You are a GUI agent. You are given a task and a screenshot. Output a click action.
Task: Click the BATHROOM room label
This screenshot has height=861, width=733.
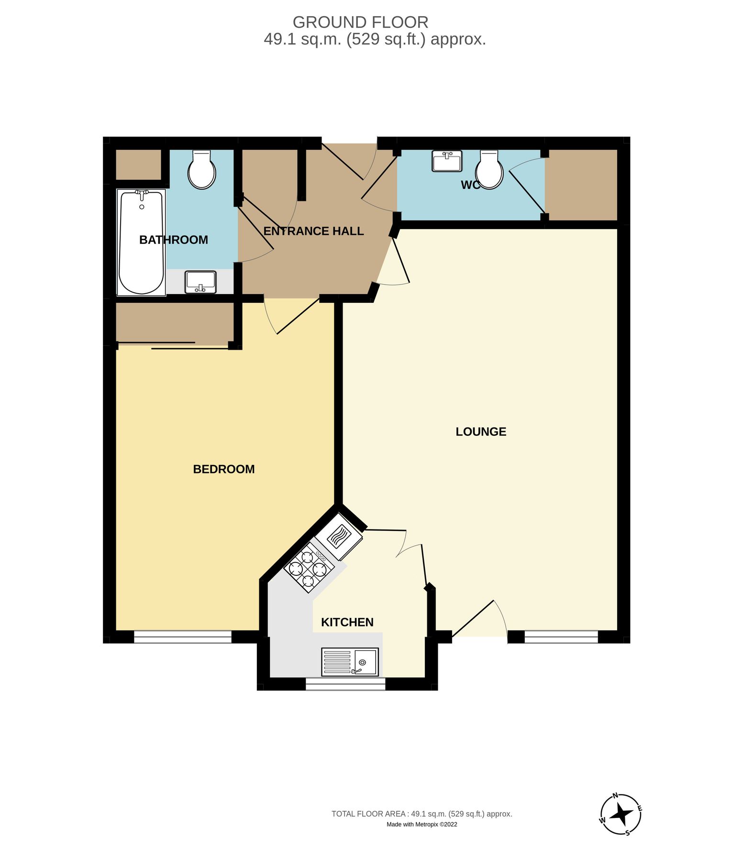(173, 240)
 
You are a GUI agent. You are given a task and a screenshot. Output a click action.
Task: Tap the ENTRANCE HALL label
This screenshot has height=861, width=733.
(313, 231)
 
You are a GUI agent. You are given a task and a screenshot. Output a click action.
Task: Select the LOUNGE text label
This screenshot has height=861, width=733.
(480, 431)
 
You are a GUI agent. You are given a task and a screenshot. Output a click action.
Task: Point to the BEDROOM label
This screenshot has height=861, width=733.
(223, 469)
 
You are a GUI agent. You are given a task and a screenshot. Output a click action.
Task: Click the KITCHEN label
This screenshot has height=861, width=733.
(347, 622)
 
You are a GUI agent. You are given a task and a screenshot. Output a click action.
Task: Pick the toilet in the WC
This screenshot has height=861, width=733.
(489, 170)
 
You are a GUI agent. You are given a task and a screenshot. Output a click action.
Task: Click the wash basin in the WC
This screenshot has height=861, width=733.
(446, 161)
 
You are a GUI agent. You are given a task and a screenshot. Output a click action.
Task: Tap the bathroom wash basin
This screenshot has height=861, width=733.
(200, 282)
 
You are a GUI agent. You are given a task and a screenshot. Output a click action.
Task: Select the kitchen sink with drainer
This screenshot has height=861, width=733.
(350, 662)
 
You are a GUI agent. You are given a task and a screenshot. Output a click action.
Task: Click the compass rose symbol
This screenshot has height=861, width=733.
(621, 814)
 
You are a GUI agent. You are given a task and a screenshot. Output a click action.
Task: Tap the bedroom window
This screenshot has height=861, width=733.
(182, 637)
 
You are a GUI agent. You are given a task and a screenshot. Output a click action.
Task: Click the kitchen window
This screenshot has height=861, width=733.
(345, 684)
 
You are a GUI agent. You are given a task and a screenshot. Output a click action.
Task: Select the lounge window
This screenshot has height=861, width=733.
(561, 637)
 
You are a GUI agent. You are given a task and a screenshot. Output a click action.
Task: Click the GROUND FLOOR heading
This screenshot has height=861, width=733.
(360, 22)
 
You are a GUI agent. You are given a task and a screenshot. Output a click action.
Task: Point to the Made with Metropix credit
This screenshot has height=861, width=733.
(422, 824)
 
